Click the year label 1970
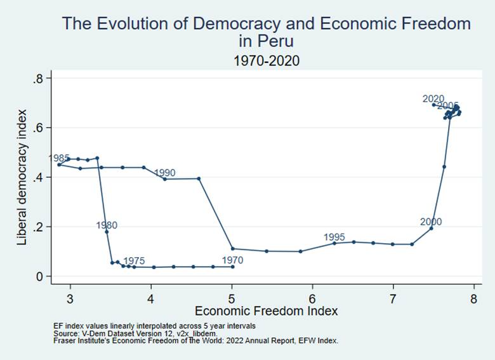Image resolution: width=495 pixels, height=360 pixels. (x=232, y=260)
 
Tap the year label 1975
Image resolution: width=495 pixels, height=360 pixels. (x=134, y=260)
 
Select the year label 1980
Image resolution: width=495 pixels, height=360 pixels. (x=107, y=225)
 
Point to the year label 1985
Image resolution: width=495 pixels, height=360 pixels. (x=60, y=158)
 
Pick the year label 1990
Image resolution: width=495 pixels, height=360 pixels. (x=164, y=173)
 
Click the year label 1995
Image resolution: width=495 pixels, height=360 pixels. (x=334, y=237)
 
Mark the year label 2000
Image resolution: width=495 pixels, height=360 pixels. (x=430, y=222)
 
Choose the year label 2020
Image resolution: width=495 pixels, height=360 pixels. (x=433, y=98)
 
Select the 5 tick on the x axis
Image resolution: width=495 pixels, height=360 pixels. (x=232, y=299)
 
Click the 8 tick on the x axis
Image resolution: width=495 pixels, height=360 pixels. (x=473, y=299)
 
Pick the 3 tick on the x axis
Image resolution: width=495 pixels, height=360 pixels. (x=70, y=299)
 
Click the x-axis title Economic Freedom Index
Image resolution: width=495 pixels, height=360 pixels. (x=266, y=312)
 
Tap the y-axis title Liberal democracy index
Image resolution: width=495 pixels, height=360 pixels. (x=22, y=177)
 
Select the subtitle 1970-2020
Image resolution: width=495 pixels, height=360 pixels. (x=266, y=61)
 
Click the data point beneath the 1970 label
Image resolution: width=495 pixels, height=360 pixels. (x=233, y=267)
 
